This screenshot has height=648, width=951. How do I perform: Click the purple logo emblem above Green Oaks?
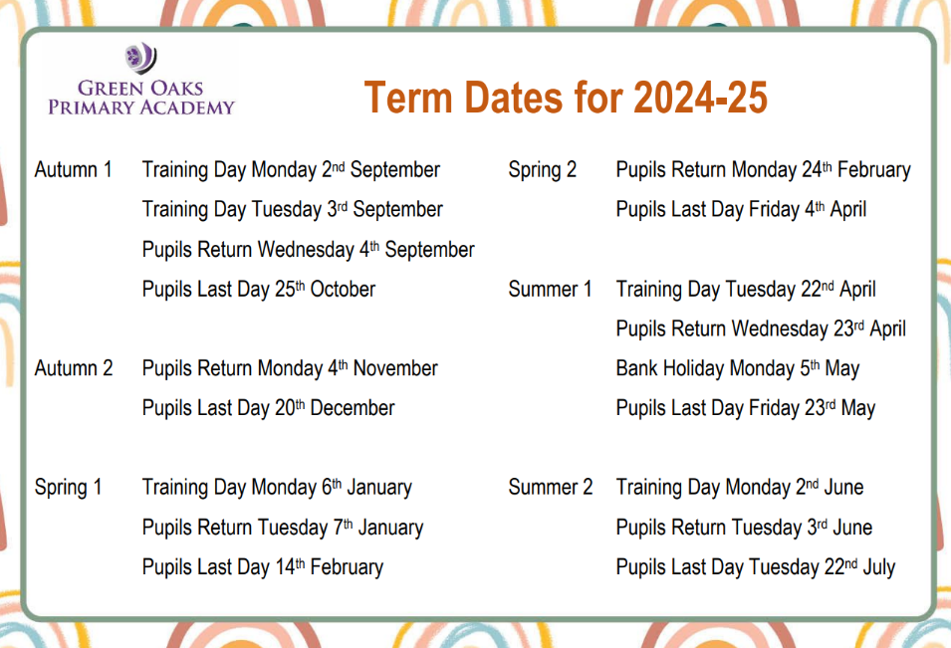[140, 58]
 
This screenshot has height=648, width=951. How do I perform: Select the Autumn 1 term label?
[74, 169]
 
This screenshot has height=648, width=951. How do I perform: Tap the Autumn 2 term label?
[74, 368]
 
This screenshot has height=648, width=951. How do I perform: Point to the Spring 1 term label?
[68, 488]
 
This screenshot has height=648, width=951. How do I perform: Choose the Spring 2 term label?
[542, 170]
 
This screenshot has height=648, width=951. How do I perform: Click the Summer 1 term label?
[550, 289]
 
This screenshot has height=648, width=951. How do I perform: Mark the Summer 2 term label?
[550, 487]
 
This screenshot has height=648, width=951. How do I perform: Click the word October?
[343, 289]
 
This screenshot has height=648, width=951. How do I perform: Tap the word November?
[395, 368]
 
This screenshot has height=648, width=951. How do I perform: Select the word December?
[353, 408]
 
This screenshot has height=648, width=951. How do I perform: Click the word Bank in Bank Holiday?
[636, 368]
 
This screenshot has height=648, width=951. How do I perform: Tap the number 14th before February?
[290, 566]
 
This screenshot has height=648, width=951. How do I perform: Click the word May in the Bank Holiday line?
[841, 369]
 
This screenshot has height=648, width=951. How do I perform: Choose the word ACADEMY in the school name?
[187, 108]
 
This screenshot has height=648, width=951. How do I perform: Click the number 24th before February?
[817, 169]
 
